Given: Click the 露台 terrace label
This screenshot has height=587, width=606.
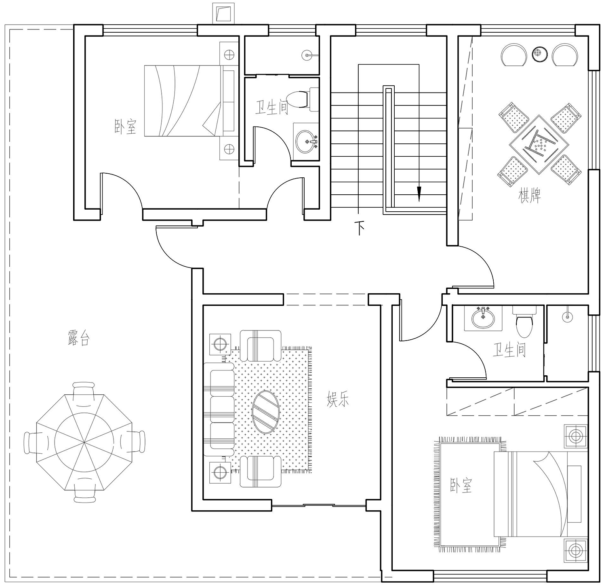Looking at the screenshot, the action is coord(79,338).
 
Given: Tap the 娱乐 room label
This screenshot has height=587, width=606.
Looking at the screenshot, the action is coord(338,399).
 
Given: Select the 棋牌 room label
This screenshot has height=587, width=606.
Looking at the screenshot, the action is coord(529,196).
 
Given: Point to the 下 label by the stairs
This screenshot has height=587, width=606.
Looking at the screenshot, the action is coord(360,228).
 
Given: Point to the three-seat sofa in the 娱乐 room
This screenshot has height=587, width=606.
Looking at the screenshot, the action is coord(219,409).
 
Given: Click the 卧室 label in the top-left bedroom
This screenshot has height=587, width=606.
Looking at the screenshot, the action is coord(125,126).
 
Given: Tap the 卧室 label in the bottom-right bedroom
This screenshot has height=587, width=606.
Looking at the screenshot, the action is coord(461,485).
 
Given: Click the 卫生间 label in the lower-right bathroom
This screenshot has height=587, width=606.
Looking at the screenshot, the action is coord(509,350).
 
